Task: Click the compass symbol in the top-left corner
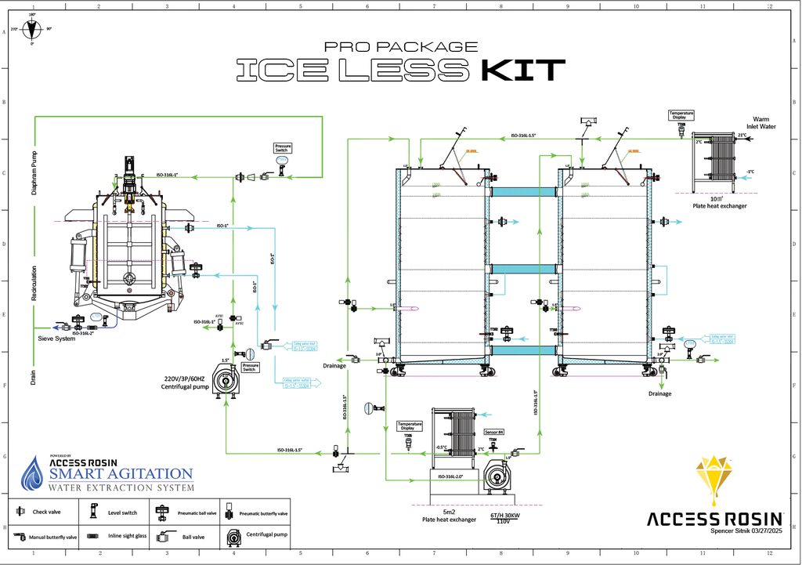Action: click(x=31, y=30)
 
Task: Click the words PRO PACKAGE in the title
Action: click(x=401, y=47)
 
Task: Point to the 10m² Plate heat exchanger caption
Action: click(x=718, y=202)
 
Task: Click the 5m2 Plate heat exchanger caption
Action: click(x=450, y=516)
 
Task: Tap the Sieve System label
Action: click(x=57, y=339)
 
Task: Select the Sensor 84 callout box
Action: click(x=494, y=432)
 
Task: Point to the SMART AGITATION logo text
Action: click(x=121, y=473)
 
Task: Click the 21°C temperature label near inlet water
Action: click(x=742, y=136)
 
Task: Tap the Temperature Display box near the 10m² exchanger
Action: click(x=681, y=114)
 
